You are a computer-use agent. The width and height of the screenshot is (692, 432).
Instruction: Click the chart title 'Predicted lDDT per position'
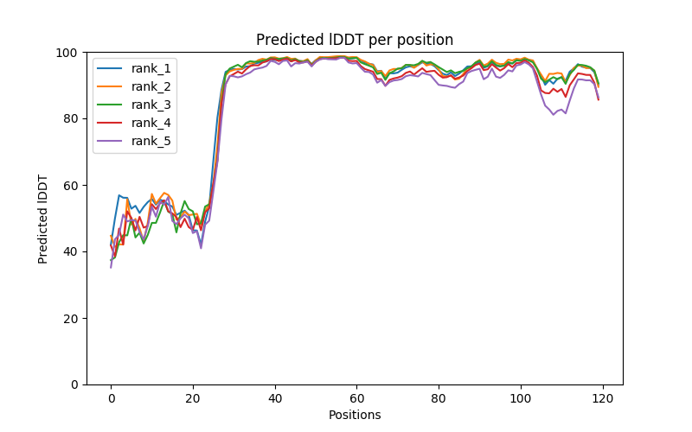(354, 40)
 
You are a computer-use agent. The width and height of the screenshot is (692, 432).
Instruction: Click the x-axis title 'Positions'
(354, 415)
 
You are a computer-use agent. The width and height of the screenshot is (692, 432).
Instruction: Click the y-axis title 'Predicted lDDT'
(43, 219)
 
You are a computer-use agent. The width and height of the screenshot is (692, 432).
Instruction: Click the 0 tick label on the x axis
(111, 397)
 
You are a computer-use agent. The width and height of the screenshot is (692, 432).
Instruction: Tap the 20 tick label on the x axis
(193, 397)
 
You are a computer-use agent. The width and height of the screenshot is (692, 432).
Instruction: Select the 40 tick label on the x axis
(274, 397)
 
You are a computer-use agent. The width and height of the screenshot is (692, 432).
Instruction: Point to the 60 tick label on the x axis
(356, 397)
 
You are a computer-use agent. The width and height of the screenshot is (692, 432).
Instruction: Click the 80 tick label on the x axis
(439, 397)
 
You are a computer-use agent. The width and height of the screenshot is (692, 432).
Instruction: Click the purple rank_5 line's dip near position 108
(554, 114)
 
